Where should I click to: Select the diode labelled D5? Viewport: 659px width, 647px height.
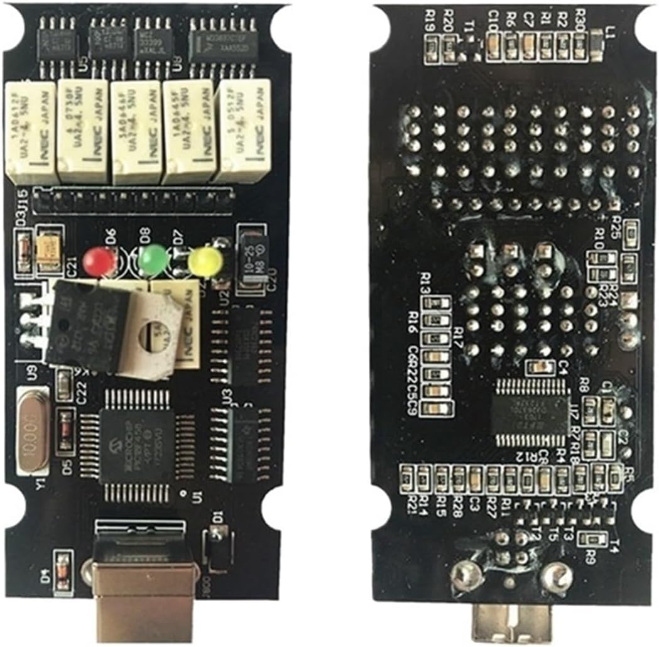click(x=64, y=432)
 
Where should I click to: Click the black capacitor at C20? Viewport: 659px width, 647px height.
click(x=251, y=258)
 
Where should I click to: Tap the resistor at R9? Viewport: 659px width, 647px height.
click(x=591, y=538)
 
